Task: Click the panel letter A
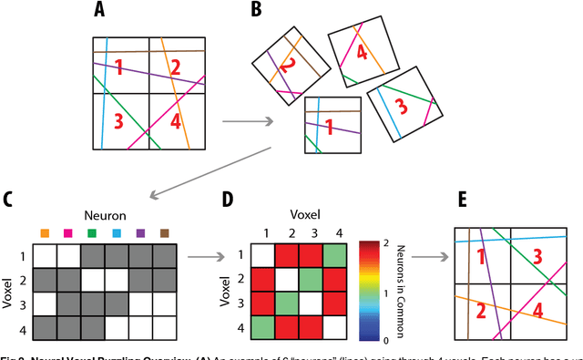click(x=99, y=12)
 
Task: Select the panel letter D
click(x=228, y=199)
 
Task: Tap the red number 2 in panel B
click(x=287, y=66)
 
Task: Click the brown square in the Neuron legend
click(x=163, y=232)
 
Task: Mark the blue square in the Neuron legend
click(x=116, y=232)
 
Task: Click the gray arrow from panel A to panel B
click(x=246, y=120)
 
